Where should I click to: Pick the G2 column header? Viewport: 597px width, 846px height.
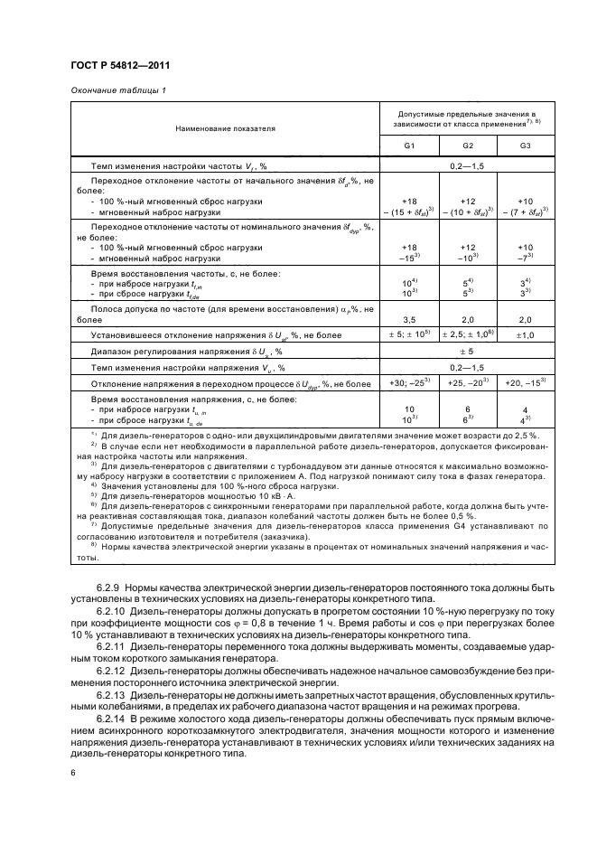point(467,146)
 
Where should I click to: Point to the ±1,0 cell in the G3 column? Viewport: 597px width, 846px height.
point(526,335)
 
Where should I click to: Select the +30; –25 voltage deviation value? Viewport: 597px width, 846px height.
point(406,384)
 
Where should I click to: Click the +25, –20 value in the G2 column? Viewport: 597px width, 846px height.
point(467,384)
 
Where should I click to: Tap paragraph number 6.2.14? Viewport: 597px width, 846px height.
point(114,714)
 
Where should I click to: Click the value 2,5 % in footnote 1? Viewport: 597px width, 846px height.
point(484,435)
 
